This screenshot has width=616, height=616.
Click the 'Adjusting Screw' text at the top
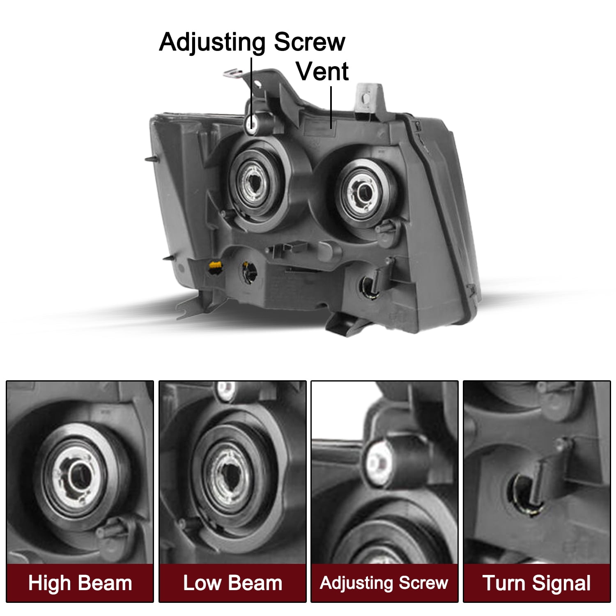click(252, 43)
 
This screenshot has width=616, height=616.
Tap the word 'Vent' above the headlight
click(322, 71)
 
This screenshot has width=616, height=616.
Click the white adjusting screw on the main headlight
click(251, 124)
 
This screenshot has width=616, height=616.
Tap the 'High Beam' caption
click(80, 583)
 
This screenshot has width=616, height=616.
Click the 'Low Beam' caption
click(232, 583)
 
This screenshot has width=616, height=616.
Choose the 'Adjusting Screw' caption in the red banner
click(384, 583)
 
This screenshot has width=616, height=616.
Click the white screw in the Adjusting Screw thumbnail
click(378, 461)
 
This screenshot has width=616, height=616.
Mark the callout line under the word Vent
click(331, 107)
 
